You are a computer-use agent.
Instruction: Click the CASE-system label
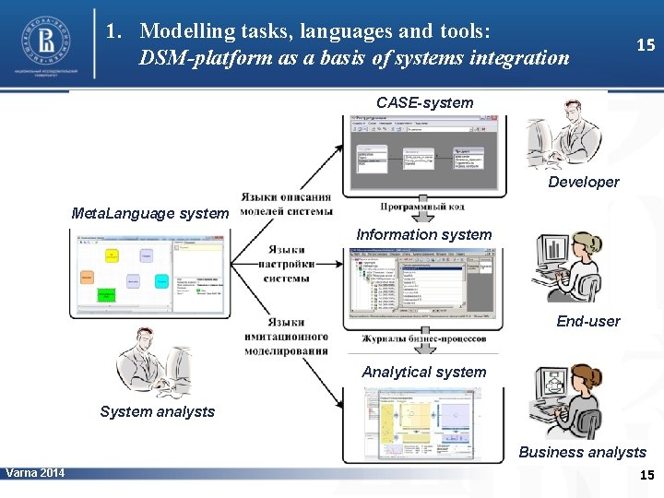(424, 102)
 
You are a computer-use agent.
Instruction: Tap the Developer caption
(584, 182)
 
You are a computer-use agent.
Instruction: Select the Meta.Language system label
(149, 213)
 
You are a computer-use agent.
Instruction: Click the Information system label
(424, 234)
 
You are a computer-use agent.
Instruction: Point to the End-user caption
(588, 321)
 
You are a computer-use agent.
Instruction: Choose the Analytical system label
(424, 372)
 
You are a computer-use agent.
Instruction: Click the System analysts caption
(157, 411)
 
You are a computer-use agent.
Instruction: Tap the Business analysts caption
(582, 452)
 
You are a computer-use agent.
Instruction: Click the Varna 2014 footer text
(35, 473)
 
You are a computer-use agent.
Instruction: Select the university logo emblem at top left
(45, 39)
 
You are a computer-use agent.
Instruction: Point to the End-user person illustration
(568, 267)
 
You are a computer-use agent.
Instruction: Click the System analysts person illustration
(152, 364)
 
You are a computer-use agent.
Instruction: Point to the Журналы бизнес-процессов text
(423, 338)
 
